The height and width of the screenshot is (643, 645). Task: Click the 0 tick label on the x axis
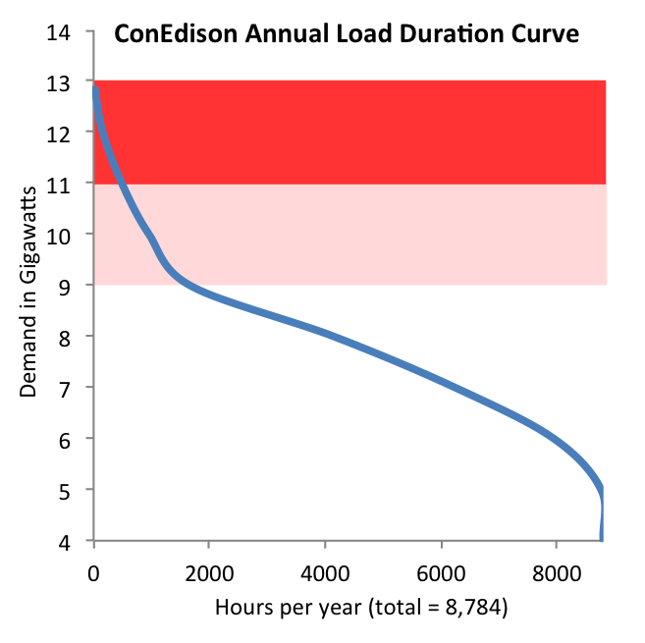tap(93, 568)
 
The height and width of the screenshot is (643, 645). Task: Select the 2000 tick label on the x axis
tap(209, 568)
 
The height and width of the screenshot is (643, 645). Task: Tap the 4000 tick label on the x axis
tap(325, 568)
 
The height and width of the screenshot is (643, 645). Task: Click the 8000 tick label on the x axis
tap(557, 568)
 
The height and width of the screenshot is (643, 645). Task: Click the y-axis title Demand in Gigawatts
tap(28, 289)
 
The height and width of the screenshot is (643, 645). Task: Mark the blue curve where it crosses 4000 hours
tap(325, 333)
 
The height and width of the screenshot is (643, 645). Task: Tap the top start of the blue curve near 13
tap(95, 88)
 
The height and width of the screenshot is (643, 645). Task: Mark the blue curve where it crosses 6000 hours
tap(441, 381)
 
